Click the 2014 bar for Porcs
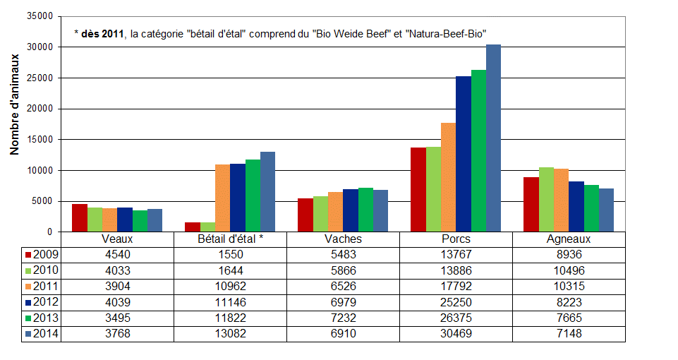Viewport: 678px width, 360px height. pyautogui.click(x=493, y=138)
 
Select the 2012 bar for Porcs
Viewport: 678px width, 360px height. pyautogui.click(x=464, y=154)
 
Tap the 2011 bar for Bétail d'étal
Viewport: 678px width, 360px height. pyautogui.click(x=222, y=198)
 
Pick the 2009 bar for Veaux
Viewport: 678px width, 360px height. pyautogui.click(x=80, y=217)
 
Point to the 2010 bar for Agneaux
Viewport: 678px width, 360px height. pyautogui.click(x=546, y=200)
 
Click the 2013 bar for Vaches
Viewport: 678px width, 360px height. pyautogui.click(x=365, y=210)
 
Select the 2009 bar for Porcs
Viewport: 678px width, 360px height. pyautogui.click(x=418, y=189)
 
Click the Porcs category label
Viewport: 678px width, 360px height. pyautogui.click(x=456, y=239)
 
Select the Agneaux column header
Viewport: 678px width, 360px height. pyautogui.click(x=568, y=239)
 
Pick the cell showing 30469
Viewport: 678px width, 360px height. pyautogui.click(x=456, y=332)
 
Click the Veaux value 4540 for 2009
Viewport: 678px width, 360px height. pyautogui.click(x=116, y=255)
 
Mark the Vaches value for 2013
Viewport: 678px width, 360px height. pyautogui.click(x=343, y=317)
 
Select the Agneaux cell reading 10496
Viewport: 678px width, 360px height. pyautogui.click(x=568, y=270)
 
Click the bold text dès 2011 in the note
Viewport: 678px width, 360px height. pyautogui.click(x=103, y=33)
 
